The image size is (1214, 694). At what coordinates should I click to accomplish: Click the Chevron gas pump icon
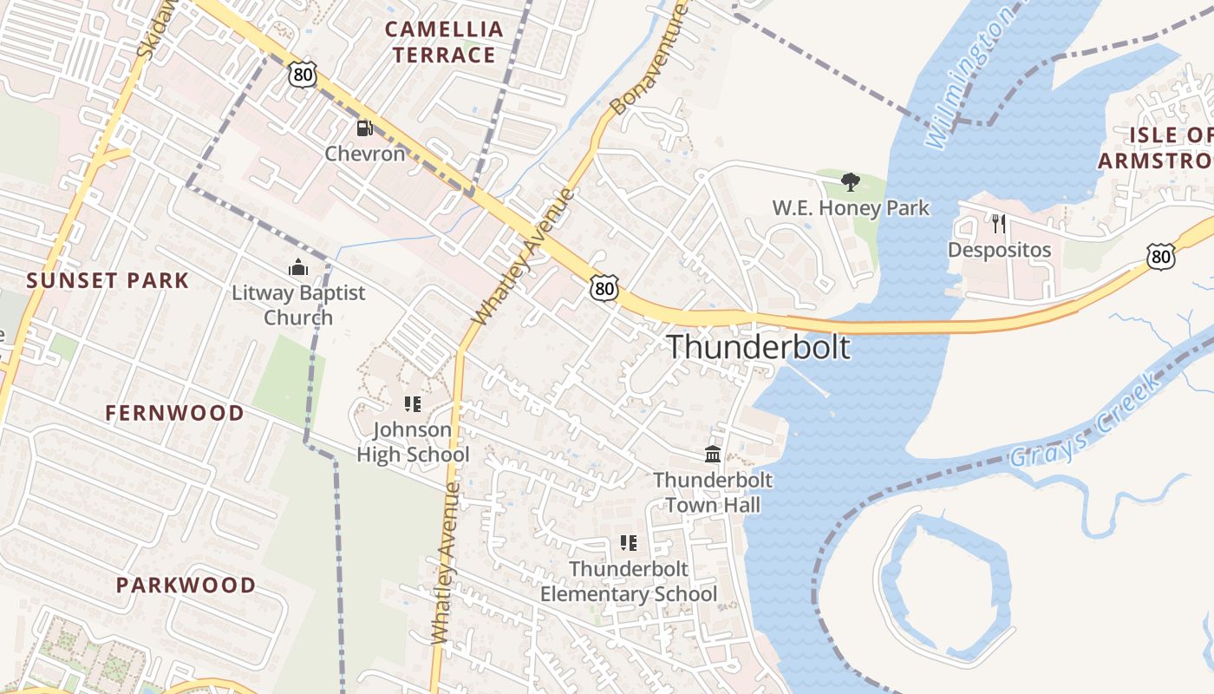coord(365,128)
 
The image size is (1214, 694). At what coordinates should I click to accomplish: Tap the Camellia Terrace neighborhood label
coord(444,42)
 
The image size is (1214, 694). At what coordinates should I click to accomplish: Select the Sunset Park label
coord(108,280)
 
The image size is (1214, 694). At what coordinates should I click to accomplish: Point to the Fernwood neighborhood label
coord(174,412)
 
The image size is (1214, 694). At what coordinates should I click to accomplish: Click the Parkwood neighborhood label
coord(186,585)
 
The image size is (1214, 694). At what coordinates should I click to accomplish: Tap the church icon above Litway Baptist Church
coord(298,267)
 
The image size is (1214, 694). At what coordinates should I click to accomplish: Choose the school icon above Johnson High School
coord(413,403)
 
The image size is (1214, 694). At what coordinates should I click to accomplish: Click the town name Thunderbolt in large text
coord(759,347)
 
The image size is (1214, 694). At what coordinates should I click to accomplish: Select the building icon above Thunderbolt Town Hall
coord(713,454)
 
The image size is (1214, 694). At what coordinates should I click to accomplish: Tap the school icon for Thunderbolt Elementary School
coord(629,543)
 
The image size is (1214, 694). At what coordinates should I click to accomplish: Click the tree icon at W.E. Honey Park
coord(850,182)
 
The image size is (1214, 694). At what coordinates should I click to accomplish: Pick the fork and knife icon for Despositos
coord(999,224)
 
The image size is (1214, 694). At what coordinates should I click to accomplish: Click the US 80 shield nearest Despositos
coord(1160,256)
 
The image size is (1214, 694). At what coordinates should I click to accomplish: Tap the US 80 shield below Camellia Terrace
coord(303,75)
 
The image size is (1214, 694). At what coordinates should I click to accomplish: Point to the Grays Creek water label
coord(1084,421)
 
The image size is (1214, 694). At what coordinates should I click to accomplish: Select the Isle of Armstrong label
coord(1158,147)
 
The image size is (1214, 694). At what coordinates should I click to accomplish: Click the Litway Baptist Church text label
coord(298,305)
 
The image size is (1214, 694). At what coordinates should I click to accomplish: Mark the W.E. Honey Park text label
coord(851,208)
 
